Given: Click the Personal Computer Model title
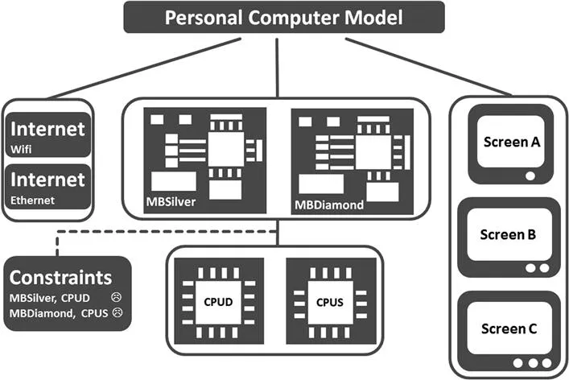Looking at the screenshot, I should click(x=284, y=17).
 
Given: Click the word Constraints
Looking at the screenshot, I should click(x=60, y=278).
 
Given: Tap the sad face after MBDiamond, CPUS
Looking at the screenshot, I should click(x=118, y=311).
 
